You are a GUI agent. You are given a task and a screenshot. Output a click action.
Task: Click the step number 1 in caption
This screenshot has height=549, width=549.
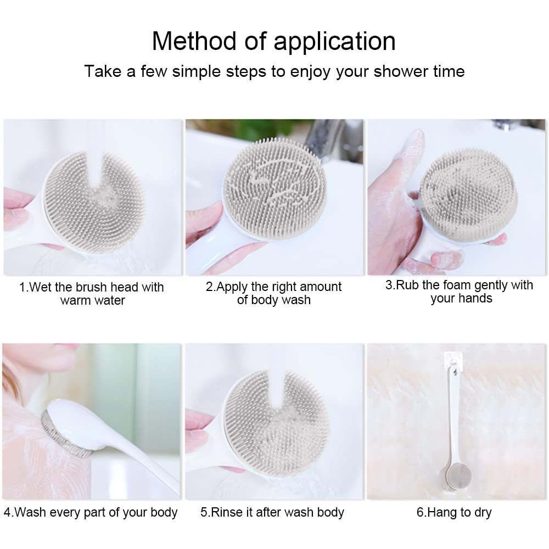click(23, 287)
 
